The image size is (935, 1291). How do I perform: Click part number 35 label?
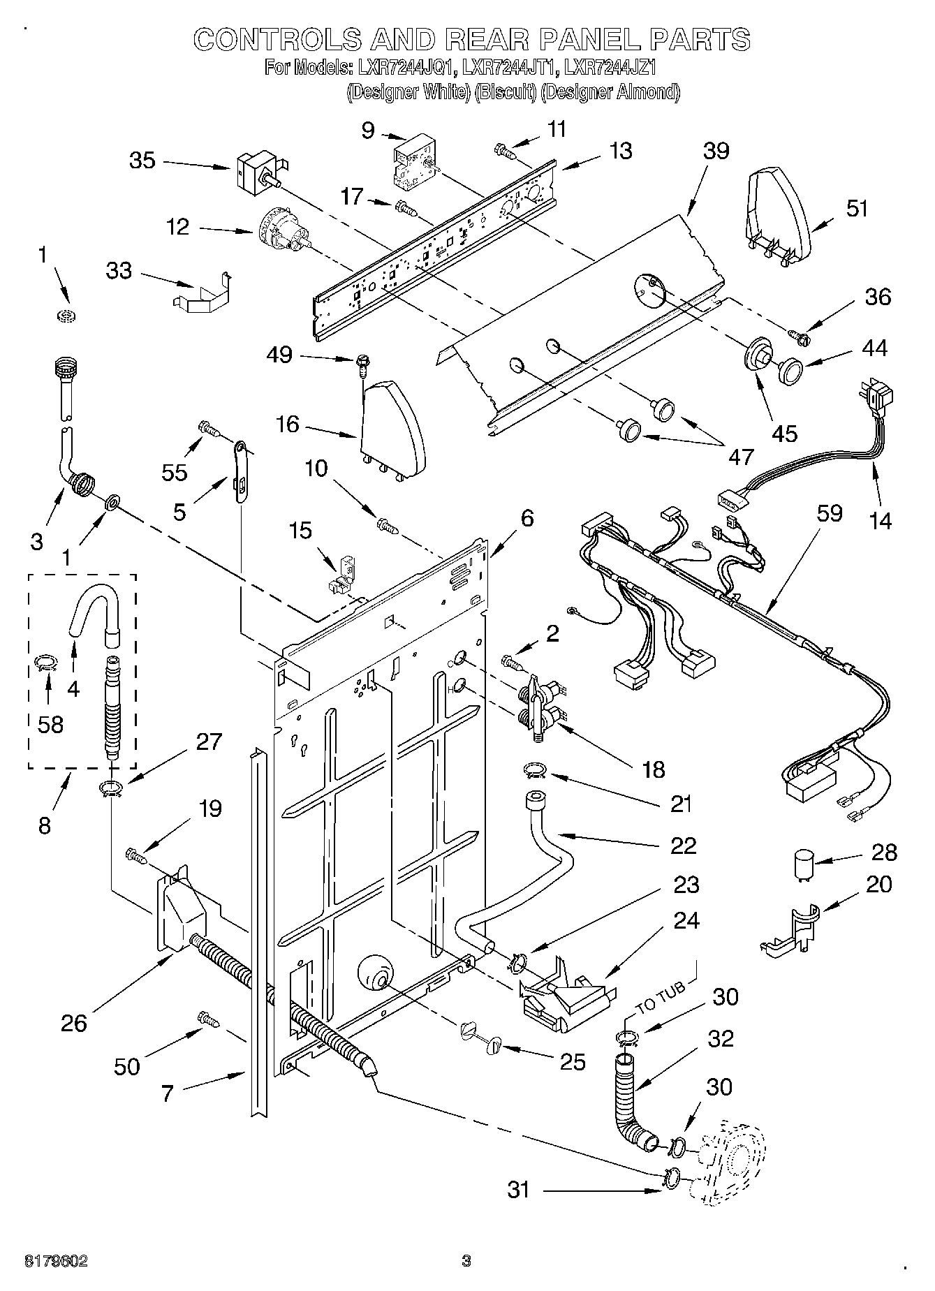point(142,161)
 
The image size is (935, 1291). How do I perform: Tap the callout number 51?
point(857,209)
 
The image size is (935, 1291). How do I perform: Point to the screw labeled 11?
point(503,148)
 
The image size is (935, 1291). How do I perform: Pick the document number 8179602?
point(56,1261)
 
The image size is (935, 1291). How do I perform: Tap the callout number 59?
point(829,513)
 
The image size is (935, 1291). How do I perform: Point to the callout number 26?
point(73,1023)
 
